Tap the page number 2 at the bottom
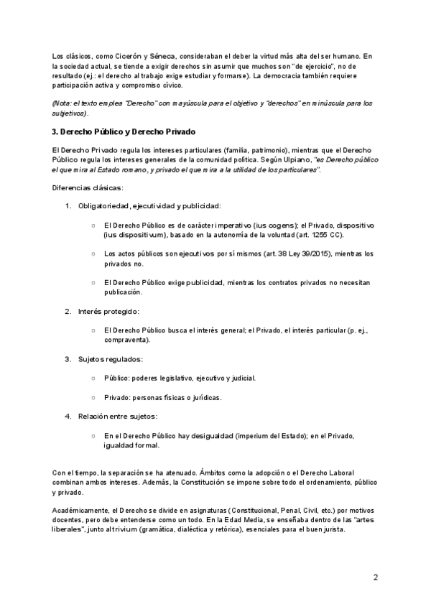pos(375,577)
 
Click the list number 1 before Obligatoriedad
pos(68,207)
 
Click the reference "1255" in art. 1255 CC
pos(311,234)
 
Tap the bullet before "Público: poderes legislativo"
pos(94,377)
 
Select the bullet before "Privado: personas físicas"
pos(94,396)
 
